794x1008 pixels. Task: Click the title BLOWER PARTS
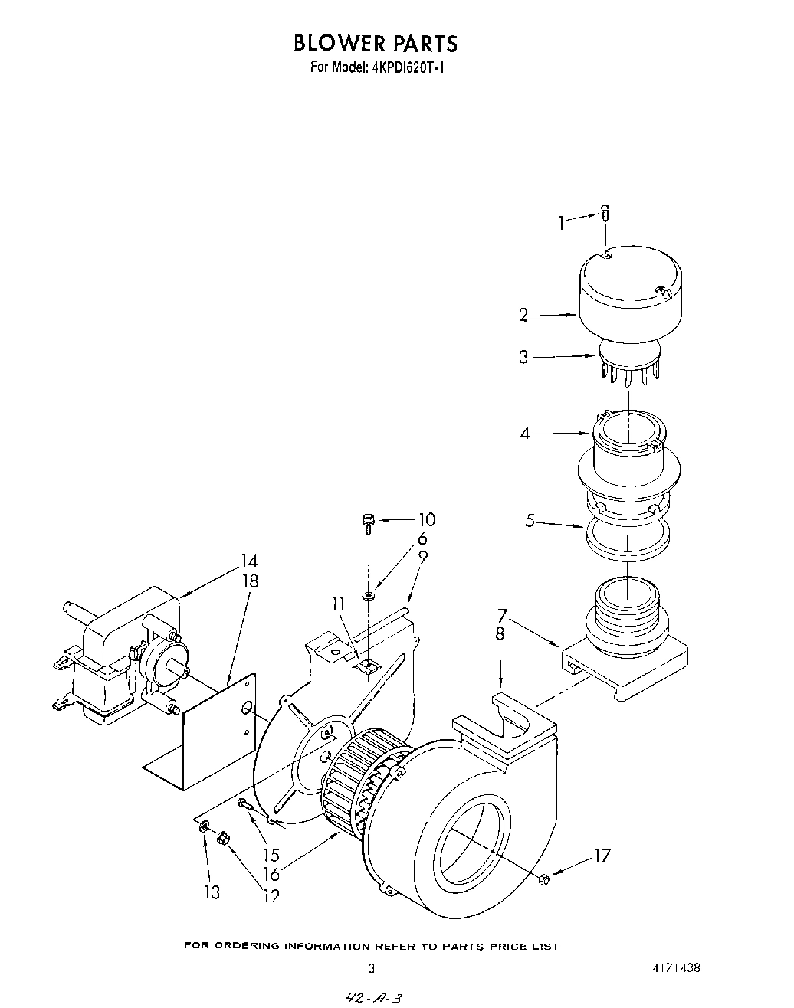tap(375, 43)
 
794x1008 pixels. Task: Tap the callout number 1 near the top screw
tap(561, 223)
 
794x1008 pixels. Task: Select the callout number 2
tap(523, 315)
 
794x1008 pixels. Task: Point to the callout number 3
tap(523, 357)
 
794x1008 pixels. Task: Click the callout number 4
tap(525, 434)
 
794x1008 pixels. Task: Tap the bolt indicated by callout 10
tap(368, 523)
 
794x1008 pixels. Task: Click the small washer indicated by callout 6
tap(369, 594)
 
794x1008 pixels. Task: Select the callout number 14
tap(249, 561)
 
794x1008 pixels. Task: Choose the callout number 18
tap(249, 581)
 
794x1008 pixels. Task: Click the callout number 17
tap(602, 855)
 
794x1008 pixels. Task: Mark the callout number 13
tap(212, 892)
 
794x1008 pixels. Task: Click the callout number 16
tap(271, 875)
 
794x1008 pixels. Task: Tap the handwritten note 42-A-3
tap(375, 997)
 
